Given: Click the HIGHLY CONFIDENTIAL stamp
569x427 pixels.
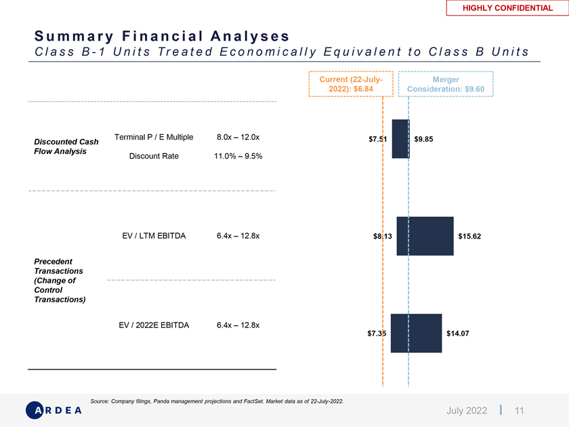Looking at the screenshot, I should coord(507,8).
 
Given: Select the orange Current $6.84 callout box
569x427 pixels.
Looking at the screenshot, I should coord(351,84).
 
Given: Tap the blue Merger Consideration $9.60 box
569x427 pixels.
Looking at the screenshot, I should coord(446,84).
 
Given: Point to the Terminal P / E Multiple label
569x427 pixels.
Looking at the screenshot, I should coord(154,138).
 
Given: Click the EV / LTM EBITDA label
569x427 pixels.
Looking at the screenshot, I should coord(154,237).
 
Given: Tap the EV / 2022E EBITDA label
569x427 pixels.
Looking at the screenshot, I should coord(154,325).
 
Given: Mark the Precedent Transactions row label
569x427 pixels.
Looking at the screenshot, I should coord(60,280).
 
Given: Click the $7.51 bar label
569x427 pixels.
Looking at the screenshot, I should coord(377,140).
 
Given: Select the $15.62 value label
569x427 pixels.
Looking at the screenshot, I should coord(469,237).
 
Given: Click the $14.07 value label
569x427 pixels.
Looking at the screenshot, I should coord(458,333).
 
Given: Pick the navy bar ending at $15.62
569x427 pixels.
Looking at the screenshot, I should coord(425,236).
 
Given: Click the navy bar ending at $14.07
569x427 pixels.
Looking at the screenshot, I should coord(416,333).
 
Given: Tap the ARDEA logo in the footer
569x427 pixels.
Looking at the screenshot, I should coord(54,410).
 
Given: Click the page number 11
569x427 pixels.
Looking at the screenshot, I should coord(520,410).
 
